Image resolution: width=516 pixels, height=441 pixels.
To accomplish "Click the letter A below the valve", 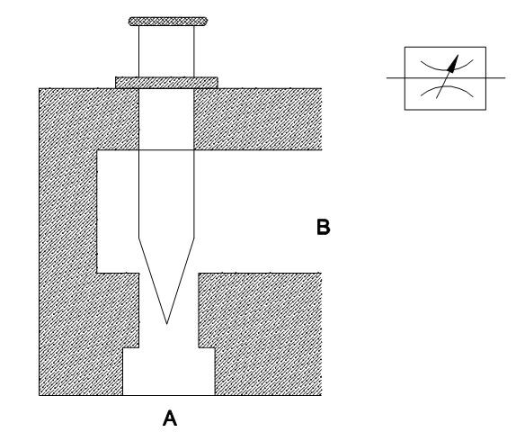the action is pyautogui.click(x=170, y=418).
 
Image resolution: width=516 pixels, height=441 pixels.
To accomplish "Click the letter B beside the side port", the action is pyautogui.click(x=323, y=227).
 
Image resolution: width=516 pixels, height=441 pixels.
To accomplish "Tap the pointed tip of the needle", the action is pyautogui.click(x=167, y=324).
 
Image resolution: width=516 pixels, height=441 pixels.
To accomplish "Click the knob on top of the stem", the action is pyautogui.click(x=168, y=22).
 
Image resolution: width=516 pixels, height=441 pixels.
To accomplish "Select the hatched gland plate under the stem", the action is pyautogui.click(x=166, y=83).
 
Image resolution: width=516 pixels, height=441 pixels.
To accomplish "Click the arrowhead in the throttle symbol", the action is pyautogui.click(x=453, y=64).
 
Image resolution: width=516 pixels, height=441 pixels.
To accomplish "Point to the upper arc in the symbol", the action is pyautogui.click(x=447, y=65).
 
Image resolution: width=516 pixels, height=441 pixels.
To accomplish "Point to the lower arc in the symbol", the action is pyautogui.click(x=447, y=91).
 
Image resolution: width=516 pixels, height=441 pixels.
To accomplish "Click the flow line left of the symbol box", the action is pyautogui.click(x=396, y=78).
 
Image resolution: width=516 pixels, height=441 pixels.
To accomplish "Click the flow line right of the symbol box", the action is pyautogui.click(x=495, y=78).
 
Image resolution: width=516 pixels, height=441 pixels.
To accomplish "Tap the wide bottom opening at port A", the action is pyautogui.click(x=169, y=372).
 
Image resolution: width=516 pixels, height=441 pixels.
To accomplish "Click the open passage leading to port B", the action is pyautogui.click(x=257, y=211).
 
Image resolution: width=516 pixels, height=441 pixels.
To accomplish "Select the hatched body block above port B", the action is pyautogui.click(x=258, y=119).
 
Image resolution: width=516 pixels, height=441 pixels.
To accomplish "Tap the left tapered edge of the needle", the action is pyautogui.click(x=153, y=281).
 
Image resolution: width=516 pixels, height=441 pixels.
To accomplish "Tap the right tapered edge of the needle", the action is pyautogui.click(x=181, y=281).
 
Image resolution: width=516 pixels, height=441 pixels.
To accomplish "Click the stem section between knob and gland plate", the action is pyautogui.click(x=166, y=51).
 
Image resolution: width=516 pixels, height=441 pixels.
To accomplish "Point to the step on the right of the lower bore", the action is pyautogui.click(x=207, y=347).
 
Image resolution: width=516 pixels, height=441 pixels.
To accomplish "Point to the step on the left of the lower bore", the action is pyautogui.click(x=131, y=347).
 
